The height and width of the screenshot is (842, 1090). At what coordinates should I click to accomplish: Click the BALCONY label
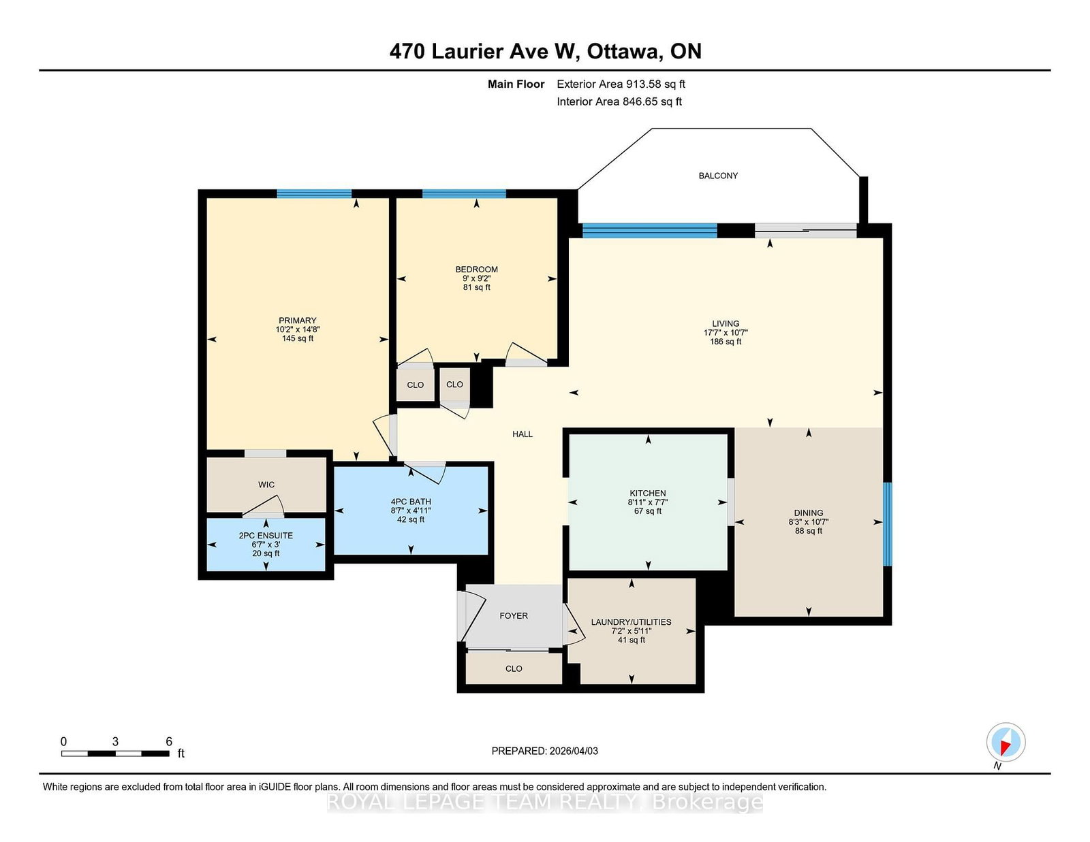point(718,176)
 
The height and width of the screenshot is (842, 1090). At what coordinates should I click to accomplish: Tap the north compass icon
point(1006,742)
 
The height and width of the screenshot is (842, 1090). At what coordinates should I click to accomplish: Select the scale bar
point(115,753)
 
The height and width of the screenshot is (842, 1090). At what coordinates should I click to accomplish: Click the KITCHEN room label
point(647,493)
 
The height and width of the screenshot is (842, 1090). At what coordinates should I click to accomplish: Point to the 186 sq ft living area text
point(726,342)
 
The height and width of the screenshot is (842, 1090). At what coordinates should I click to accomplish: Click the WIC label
point(266,485)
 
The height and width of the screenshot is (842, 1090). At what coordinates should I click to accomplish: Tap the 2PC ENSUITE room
point(266,544)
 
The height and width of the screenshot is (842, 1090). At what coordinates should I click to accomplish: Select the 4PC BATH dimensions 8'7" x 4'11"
point(411,511)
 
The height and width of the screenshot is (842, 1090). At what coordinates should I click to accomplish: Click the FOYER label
point(514,615)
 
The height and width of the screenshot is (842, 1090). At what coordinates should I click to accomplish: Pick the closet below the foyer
point(514,668)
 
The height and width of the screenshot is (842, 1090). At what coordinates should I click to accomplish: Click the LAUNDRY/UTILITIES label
point(631,622)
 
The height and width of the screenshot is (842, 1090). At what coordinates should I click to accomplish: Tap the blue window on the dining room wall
point(887,523)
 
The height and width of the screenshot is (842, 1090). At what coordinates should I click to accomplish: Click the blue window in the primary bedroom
point(314,194)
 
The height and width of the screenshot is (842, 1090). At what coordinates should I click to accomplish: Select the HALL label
point(523,434)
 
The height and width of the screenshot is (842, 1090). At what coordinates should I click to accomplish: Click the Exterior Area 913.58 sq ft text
point(621,84)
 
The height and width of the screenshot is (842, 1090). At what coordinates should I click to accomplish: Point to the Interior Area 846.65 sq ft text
point(619,101)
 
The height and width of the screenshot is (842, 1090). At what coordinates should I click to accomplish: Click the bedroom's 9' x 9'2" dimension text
point(476,278)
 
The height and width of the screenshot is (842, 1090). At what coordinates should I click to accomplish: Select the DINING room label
point(808,513)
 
